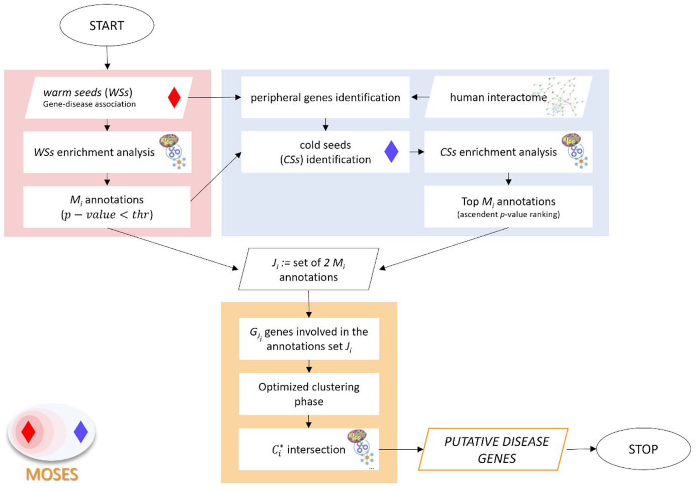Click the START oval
[x=107, y=25]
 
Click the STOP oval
[x=643, y=449]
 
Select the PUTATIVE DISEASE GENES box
[x=495, y=449]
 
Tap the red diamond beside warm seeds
[x=174, y=97]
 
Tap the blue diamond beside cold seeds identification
[x=391, y=152]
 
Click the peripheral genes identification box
[x=325, y=98]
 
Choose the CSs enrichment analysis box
[x=498, y=152]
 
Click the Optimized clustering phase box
[x=309, y=394]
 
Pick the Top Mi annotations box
[x=508, y=206]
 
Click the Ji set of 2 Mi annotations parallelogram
[x=308, y=269]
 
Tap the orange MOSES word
[x=52, y=474]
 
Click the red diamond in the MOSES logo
[x=29, y=432]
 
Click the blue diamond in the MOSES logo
[x=81, y=432]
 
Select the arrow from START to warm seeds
[x=107, y=58]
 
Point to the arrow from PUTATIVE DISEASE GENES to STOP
[x=582, y=449]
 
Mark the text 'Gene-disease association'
[x=89, y=104]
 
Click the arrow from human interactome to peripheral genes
[x=420, y=97]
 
